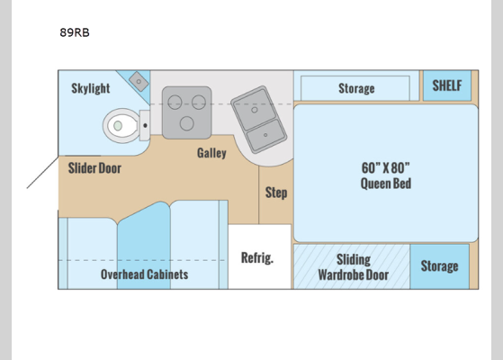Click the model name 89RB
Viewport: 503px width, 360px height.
point(76,33)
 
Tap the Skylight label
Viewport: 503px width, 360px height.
point(91,88)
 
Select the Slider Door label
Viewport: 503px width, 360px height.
point(94,167)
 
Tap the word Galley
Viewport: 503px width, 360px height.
point(211,153)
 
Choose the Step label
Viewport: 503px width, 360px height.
point(276,193)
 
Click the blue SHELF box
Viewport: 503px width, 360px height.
point(446,86)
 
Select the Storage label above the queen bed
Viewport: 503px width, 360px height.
point(356,88)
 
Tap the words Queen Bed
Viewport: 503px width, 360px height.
point(385,184)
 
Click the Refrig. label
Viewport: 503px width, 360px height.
point(256,257)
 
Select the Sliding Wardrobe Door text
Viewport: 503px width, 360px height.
point(353,266)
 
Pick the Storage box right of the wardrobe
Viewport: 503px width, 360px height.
point(440,266)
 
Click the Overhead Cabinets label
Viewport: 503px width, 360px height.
point(144,274)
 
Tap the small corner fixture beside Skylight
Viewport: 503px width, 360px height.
point(139,82)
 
